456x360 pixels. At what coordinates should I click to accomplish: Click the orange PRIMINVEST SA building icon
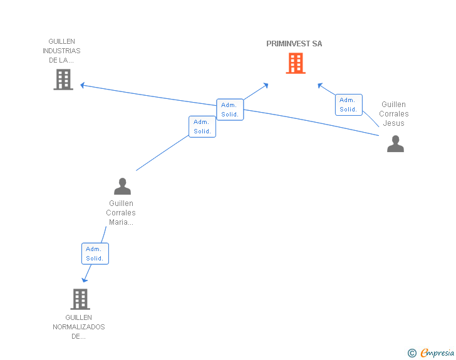296,63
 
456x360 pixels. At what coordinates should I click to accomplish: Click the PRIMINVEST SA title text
294,44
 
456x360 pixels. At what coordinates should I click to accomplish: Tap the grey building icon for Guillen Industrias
63,80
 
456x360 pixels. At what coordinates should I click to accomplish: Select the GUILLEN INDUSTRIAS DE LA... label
61,51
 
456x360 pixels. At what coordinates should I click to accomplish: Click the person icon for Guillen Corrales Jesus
395,144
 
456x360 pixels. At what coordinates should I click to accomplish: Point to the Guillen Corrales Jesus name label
394,114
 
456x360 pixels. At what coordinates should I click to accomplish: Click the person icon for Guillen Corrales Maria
122,186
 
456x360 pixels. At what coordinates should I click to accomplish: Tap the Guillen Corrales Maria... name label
121,213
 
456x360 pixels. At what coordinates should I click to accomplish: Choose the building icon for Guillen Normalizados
80,299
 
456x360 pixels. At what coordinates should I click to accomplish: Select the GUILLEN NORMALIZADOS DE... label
79,327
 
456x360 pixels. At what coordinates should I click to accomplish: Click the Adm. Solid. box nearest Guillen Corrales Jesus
348,105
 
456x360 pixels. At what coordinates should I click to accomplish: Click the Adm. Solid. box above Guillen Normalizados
95,254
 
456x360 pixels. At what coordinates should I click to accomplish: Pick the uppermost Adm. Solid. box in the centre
230,110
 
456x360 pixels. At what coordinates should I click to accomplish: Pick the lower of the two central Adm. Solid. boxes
202,126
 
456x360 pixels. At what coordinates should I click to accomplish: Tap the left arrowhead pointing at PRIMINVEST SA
266,85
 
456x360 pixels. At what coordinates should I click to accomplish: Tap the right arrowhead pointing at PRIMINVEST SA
320,85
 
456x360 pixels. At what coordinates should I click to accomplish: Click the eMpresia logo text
437,353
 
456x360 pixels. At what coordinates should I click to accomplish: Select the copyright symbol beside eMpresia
412,353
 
